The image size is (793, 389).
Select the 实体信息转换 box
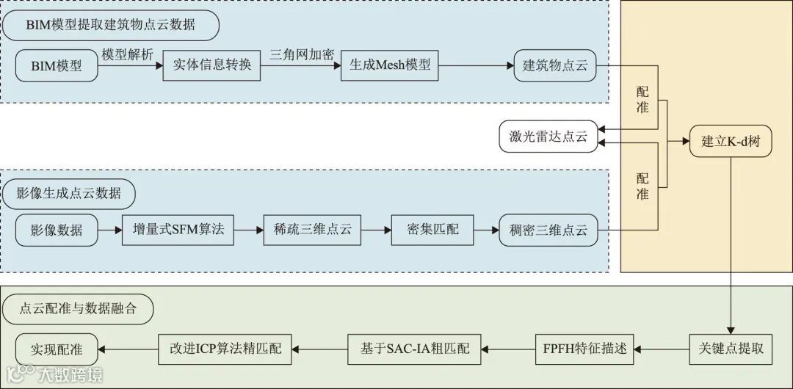(x=212, y=65)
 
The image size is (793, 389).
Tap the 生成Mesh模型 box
(x=389, y=65)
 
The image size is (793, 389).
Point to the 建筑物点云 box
(x=555, y=65)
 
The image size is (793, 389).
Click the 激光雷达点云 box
(x=548, y=137)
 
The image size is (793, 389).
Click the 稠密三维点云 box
(x=548, y=230)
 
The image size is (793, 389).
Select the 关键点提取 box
(x=731, y=348)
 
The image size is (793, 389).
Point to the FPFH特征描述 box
(x=586, y=349)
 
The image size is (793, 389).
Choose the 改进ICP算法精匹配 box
(x=225, y=349)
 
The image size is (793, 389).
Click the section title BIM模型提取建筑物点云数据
(x=110, y=25)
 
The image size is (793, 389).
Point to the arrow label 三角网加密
(x=302, y=54)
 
